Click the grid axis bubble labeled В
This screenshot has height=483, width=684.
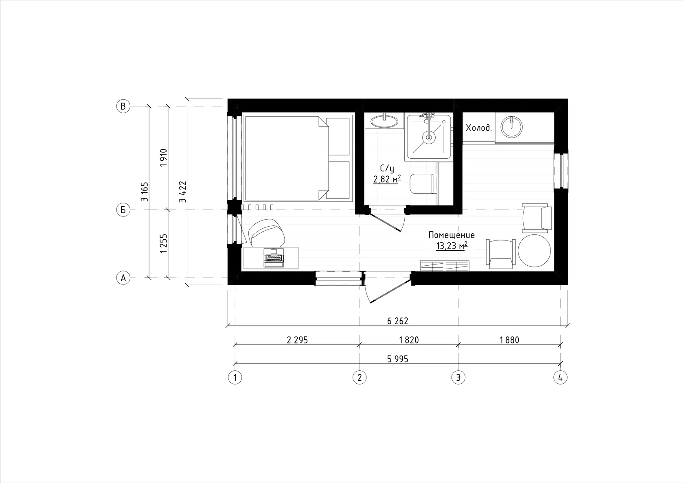(123, 106)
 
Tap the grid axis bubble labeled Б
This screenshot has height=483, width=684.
(123, 210)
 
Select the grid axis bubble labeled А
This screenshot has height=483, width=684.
(123, 278)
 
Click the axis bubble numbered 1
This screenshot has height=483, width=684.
(235, 378)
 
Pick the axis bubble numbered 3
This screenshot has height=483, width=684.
(458, 378)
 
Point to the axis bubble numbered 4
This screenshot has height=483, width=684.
(560, 378)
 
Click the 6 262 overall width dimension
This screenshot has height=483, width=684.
(397, 321)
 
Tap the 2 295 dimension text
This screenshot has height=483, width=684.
(297, 340)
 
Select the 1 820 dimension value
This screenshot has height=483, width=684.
(409, 340)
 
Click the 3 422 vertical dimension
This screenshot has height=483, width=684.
(182, 192)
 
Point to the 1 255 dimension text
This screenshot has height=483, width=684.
(164, 243)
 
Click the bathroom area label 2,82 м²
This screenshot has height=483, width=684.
(387, 179)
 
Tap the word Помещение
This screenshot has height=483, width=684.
(452, 235)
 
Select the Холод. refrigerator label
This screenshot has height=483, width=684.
(479, 128)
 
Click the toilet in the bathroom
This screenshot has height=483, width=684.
(423, 184)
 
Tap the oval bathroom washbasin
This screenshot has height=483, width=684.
(384, 121)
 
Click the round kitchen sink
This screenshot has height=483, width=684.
(512, 126)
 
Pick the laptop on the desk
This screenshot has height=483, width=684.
(274, 258)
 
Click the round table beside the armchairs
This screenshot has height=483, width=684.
(534, 251)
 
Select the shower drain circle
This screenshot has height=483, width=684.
(429, 137)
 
